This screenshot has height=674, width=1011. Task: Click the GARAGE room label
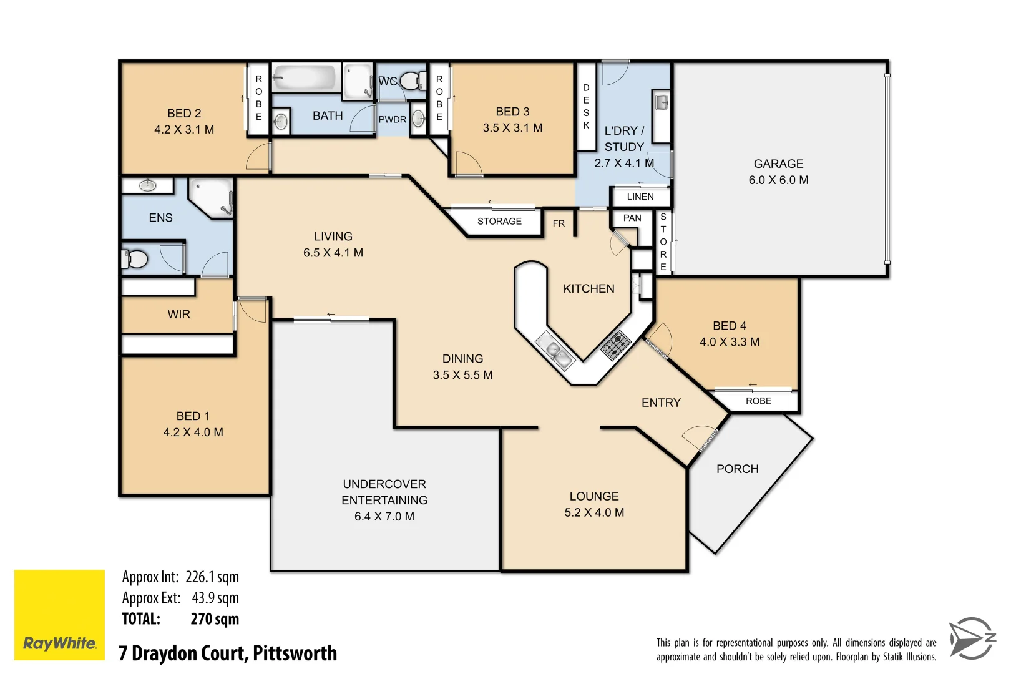pos(778,164)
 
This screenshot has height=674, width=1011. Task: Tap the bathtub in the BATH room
pos(305,79)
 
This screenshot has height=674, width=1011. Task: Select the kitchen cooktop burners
pos(615,346)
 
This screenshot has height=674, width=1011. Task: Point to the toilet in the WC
pos(410,81)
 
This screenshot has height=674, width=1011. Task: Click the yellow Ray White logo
pos(59,615)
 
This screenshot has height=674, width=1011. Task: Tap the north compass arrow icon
pos(972,638)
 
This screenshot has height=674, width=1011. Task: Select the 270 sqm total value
pos(214,619)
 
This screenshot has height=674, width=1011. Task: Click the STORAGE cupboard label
pos(499,222)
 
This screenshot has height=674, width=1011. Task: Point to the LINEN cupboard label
pos(640,197)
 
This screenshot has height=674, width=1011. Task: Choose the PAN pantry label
pos(632,218)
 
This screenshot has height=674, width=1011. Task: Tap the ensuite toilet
pos(135,258)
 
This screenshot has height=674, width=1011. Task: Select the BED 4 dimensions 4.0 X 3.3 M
pos(730,342)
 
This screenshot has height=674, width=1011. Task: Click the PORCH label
pos(737,469)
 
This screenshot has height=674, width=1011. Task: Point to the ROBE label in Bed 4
pos(758,401)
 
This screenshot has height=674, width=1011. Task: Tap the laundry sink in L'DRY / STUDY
pos(662,103)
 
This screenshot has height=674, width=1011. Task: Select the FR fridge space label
pos(559,223)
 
